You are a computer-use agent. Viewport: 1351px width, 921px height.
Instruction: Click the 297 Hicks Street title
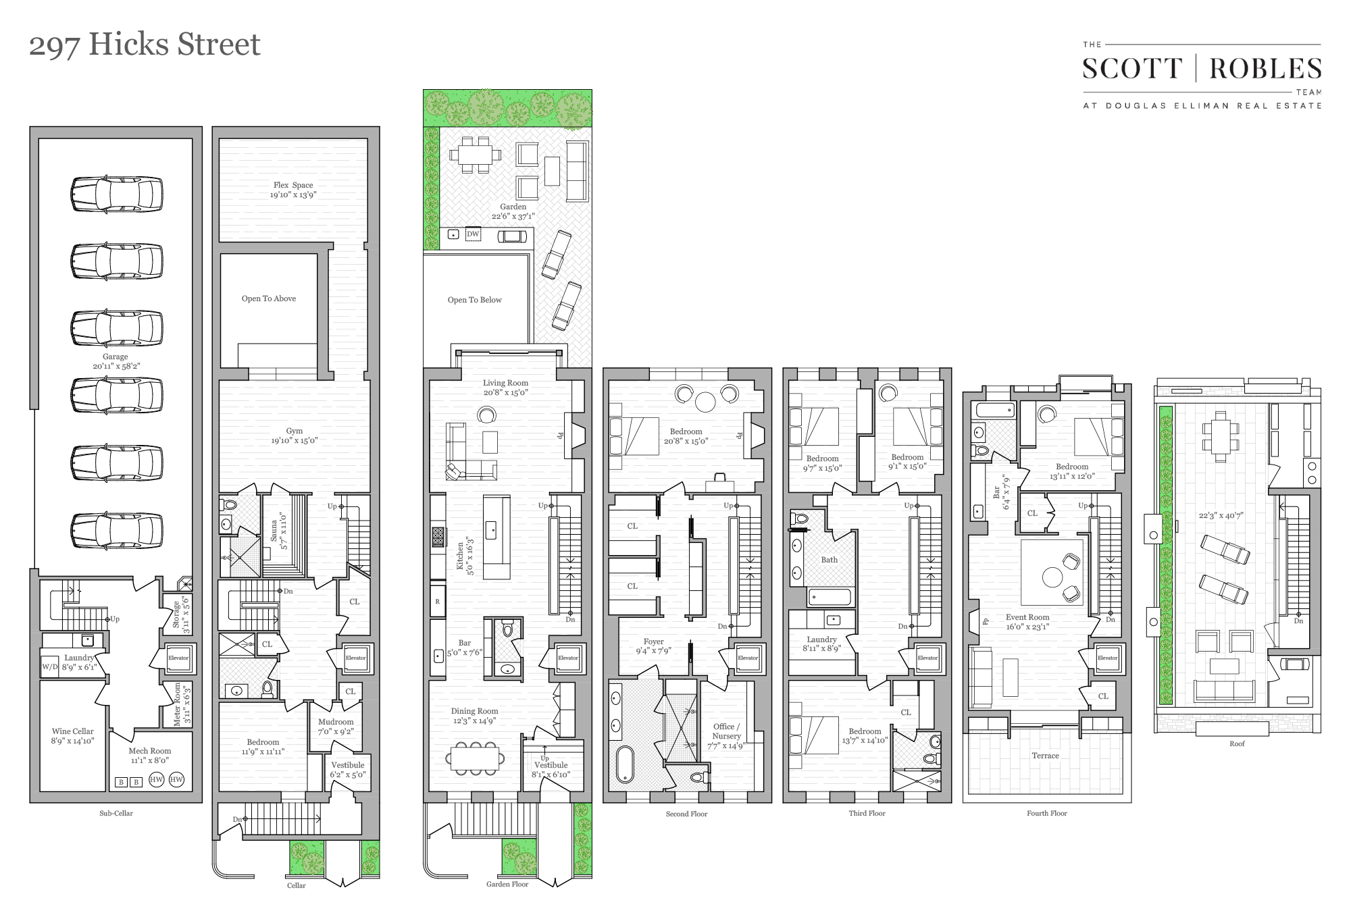tap(145, 45)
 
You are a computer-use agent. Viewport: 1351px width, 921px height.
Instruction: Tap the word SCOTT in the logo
tap(1132, 69)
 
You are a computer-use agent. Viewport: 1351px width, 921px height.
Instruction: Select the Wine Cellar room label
tap(73, 731)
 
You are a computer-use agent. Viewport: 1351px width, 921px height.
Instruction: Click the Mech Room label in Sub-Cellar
tap(149, 751)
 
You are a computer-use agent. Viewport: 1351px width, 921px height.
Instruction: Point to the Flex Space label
tap(293, 185)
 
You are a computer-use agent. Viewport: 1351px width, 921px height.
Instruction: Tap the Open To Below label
tap(474, 300)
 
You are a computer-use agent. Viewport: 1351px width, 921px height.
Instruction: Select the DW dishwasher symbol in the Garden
tap(473, 234)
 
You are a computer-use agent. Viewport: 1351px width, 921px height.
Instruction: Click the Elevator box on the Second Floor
tap(748, 658)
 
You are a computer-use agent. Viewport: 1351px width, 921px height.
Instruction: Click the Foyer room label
tap(653, 641)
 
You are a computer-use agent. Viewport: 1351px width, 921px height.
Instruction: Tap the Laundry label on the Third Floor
tap(821, 639)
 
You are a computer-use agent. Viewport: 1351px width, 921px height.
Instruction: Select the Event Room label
tap(1027, 617)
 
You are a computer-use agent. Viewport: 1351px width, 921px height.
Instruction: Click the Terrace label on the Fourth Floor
tap(1045, 756)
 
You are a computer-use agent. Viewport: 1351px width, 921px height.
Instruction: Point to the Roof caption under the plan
tap(1237, 743)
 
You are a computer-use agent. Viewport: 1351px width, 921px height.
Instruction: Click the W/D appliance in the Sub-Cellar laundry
tap(50, 667)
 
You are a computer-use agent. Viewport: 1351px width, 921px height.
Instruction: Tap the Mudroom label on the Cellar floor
tap(336, 722)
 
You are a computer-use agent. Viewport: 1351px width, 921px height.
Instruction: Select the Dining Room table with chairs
tap(476, 758)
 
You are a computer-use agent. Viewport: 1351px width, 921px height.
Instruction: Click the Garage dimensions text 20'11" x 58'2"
tap(116, 366)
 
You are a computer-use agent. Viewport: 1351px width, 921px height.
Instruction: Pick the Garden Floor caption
tap(507, 884)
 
